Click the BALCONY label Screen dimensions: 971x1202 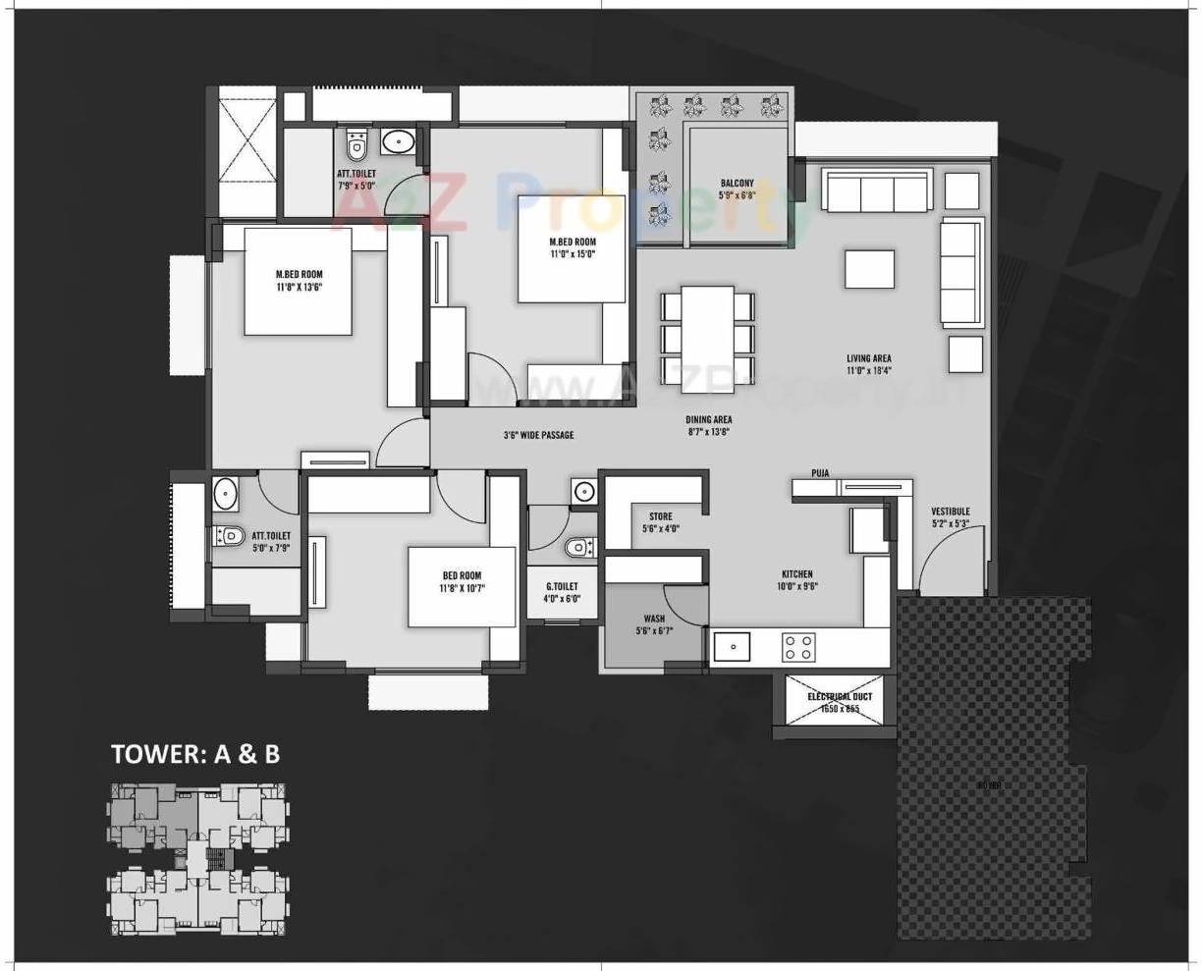[737, 189]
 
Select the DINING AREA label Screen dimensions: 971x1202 [708, 425]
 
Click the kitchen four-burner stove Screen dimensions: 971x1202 [797, 647]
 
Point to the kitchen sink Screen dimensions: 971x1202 [732, 647]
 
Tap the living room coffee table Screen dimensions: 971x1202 [869, 269]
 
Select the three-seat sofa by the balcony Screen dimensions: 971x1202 [877, 190]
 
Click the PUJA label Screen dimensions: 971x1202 [820, 473]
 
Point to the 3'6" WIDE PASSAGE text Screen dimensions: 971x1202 [538, 435]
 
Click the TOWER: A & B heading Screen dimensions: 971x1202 [195, 753]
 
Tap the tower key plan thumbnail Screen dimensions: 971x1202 [197, 860]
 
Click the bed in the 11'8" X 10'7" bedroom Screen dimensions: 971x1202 [462, 586]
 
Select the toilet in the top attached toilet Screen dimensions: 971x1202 [356, 146]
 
